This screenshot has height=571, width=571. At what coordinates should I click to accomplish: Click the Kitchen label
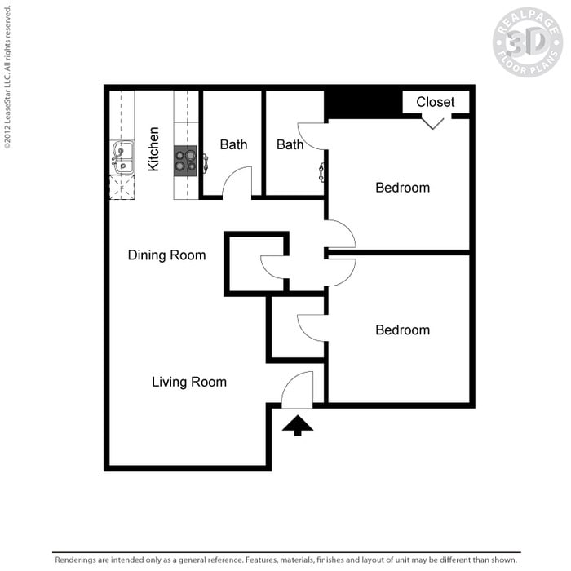pos(153,148)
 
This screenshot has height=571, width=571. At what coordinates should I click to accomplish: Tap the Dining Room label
pos(166,255)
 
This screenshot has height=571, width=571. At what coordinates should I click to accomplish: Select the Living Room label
pos(189,382)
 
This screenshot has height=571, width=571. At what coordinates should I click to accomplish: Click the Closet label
pos(436,102)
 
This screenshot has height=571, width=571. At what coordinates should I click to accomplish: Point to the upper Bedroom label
pos(402,188)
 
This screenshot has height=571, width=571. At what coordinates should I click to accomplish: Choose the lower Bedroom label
pos(402,330)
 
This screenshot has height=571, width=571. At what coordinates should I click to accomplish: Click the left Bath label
pos(233,145)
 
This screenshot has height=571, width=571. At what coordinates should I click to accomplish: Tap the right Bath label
pos(290,145)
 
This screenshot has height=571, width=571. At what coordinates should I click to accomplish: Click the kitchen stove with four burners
pos(186,159)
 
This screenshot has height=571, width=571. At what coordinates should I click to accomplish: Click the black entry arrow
pos(298,425)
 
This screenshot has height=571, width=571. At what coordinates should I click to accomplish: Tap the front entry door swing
pos(299,390)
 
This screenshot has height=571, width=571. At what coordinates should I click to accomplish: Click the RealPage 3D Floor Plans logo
pos(527,42)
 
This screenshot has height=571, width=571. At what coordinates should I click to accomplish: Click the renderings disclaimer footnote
pos(286,560)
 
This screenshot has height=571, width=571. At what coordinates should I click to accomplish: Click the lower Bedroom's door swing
pos(313,327)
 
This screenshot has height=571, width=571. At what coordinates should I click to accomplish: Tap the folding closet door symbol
pos(432,122)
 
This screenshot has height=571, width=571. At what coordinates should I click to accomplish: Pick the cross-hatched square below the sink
pos(122,188)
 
